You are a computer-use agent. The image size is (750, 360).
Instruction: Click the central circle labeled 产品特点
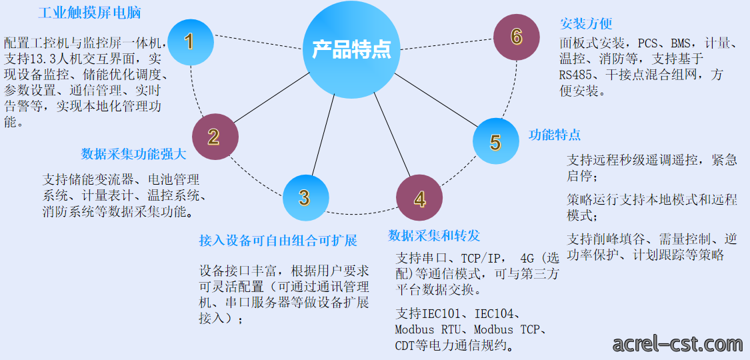(351, 50)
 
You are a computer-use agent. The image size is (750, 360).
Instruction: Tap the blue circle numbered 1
(191, 41)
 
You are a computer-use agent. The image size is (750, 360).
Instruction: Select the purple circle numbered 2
(215, 137)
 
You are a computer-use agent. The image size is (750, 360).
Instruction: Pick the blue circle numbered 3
(305, 198)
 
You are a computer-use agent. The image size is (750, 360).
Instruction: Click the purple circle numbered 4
(419, 199)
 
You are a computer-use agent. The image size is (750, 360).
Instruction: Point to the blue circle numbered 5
(496, 141)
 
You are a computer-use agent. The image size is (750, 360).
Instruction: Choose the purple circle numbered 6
(516, 37)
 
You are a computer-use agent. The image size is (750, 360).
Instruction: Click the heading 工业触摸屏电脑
(89, 13)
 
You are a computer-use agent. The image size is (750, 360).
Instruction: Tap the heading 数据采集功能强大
(133, 154)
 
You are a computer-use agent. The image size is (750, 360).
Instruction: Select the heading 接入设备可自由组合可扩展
(278, 241)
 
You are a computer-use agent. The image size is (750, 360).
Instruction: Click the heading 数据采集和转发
(434, 235)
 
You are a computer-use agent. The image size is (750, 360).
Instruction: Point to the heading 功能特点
(555, 135)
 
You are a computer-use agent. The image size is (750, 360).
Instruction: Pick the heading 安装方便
(586, 24)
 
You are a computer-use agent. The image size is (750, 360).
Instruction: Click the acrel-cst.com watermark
(677, 343)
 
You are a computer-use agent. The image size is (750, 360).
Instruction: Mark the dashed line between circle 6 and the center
(445, 43)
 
